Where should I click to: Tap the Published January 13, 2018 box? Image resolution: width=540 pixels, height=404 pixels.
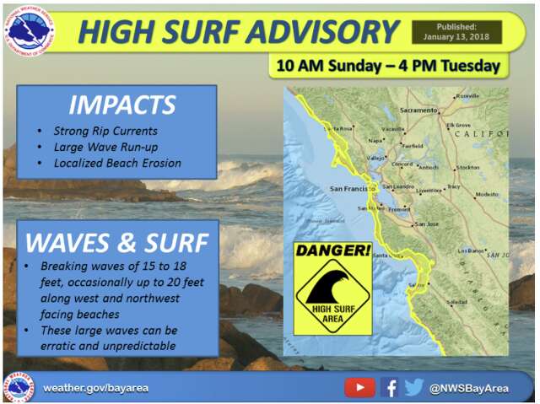(456, 32)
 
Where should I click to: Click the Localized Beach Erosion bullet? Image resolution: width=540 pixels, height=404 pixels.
(117, 162)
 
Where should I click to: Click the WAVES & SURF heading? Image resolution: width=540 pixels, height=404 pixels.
(117, 242)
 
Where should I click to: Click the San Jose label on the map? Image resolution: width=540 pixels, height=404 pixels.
(426, 224)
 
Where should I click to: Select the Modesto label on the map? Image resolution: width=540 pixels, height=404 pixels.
(487, 194)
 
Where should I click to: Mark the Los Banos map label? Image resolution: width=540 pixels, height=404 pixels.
(471, 251)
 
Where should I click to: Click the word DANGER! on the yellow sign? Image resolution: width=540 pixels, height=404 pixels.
(332, 252)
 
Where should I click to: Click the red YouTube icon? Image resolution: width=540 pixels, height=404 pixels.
(359, 387)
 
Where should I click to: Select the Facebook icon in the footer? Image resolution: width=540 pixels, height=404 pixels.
(389, 387)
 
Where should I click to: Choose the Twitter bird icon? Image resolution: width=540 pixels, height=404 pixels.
(413, 387)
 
